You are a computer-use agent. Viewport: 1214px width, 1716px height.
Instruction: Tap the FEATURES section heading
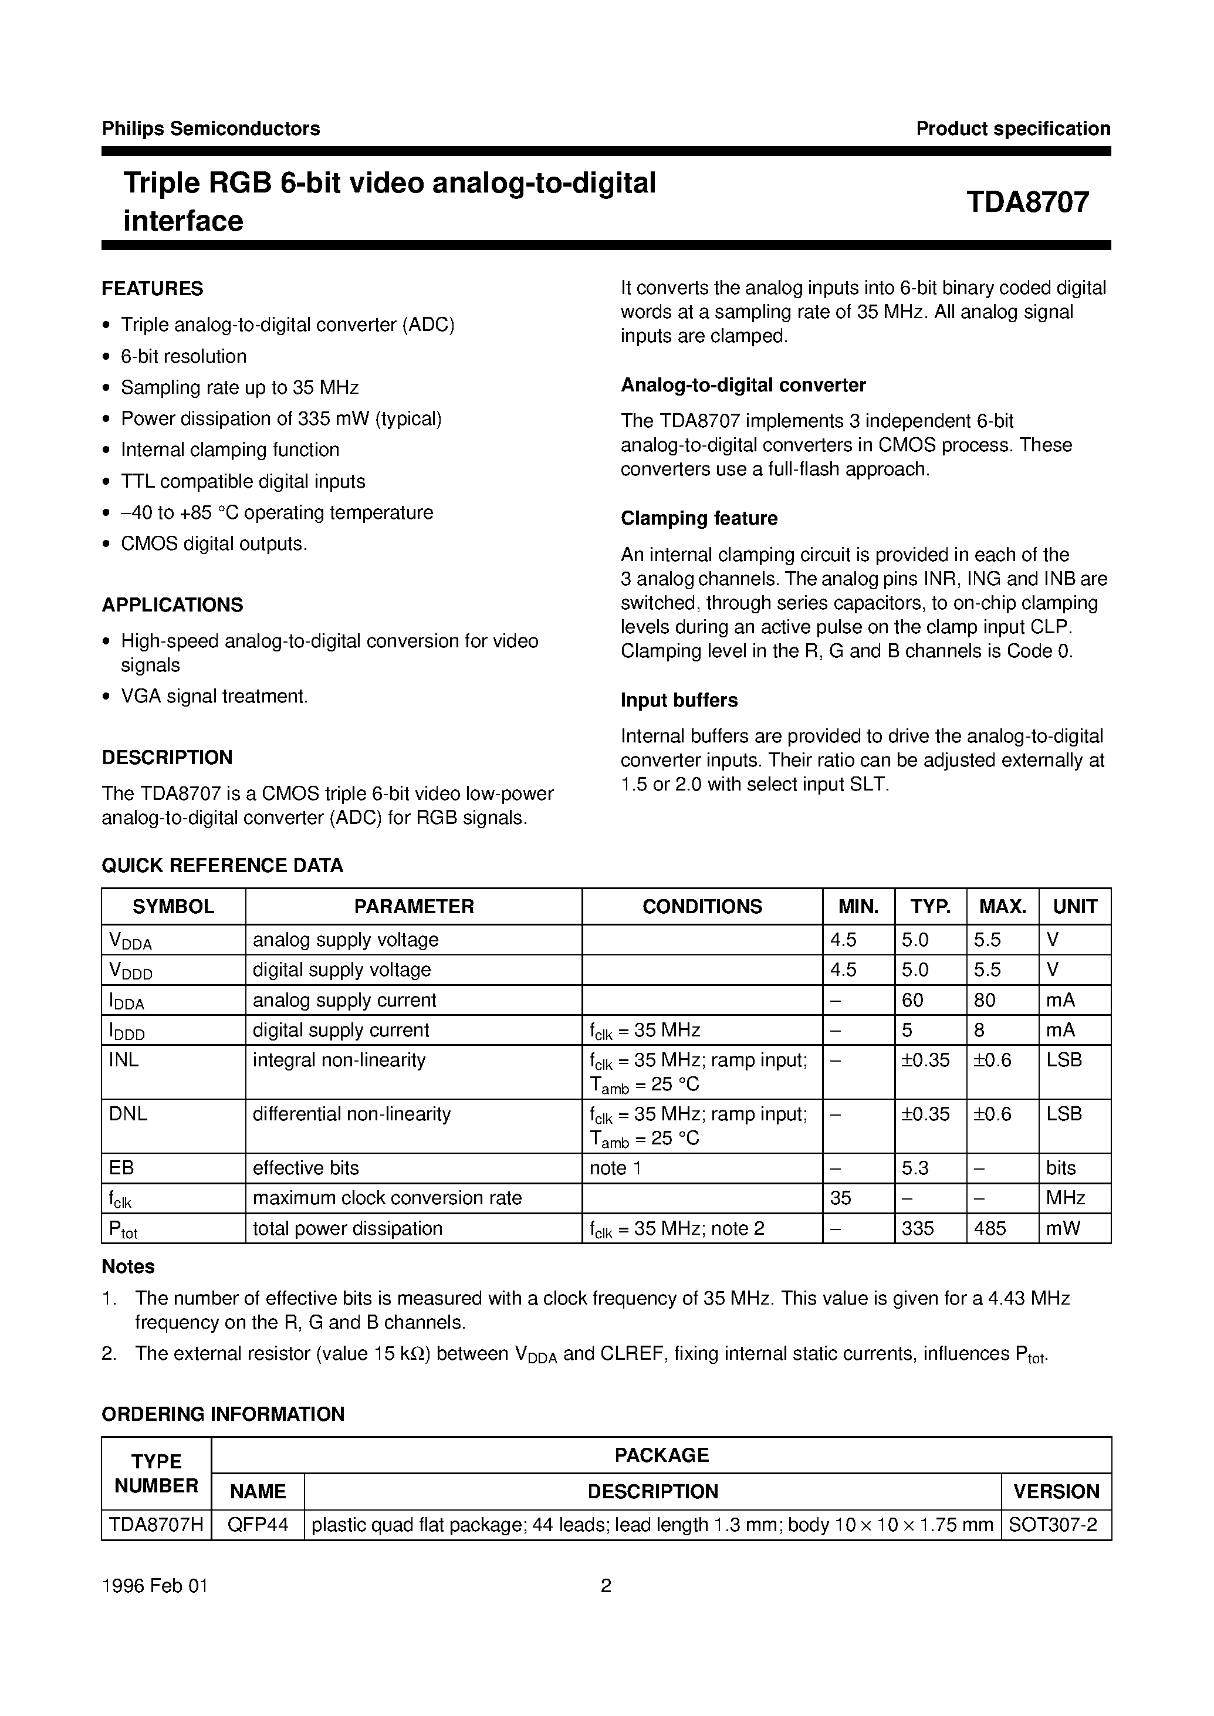(153, 289)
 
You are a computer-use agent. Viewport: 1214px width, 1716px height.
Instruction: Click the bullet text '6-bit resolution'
(184, 357)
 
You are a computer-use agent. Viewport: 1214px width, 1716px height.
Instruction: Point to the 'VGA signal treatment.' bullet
(215, 696)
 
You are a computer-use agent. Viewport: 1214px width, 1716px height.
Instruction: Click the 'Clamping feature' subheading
(699, 518)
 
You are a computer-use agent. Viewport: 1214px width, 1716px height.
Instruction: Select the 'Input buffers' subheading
(679, 700)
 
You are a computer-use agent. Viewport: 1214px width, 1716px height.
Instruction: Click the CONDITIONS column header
(702, 906)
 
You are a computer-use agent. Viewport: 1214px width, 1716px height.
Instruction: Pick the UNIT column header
(1074, 906)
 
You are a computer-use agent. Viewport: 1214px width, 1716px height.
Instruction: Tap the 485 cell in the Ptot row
(990, 1228)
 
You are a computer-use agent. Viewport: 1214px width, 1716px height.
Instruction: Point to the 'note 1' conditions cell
(616, 1168)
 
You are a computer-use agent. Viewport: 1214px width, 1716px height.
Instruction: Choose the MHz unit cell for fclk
(1065, 1198)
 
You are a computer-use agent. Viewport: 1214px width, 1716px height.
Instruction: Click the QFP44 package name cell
(258, 1524)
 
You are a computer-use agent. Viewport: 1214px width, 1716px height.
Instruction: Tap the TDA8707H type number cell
(156, 1524)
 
